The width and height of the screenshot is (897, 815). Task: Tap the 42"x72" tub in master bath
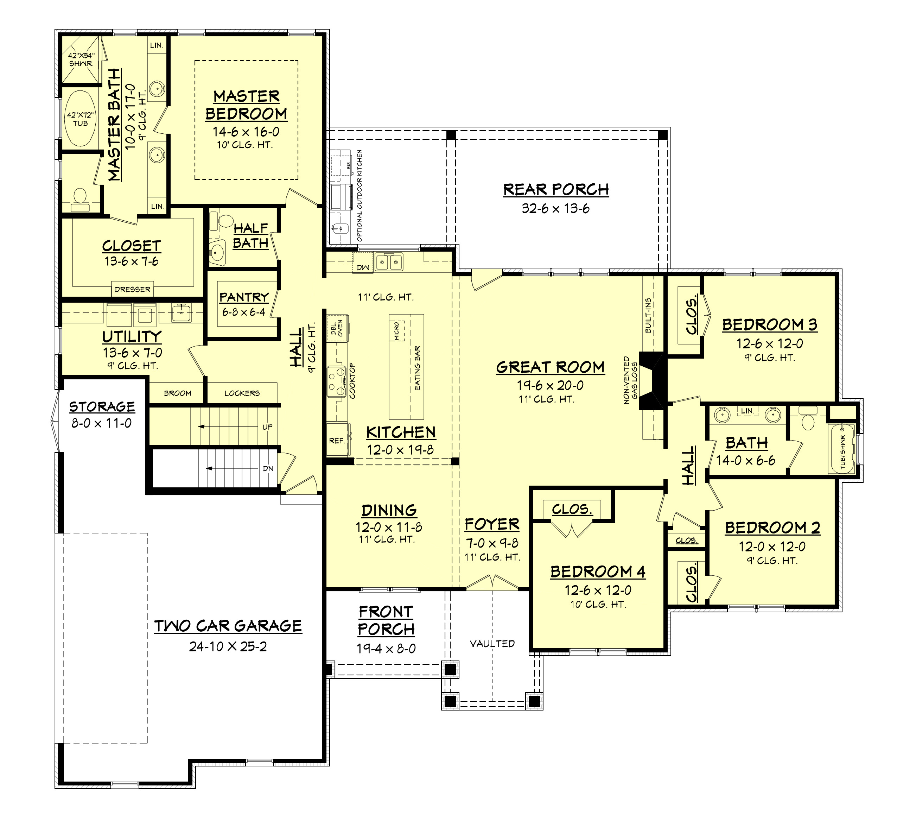pos(81,119)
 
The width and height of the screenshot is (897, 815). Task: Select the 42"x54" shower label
pos(81,59)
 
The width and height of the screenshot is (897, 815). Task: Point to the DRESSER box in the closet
pos(132,289)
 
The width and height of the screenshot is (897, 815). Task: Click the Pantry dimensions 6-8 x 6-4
pos(244,312)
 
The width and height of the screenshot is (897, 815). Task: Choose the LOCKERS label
pos(242,393)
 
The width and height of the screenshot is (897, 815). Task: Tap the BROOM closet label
pos(178,393)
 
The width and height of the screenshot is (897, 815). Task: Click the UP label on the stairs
pos(267,427)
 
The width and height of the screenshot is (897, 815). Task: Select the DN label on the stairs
pos(268,469)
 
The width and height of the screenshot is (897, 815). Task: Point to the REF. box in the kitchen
pos(337,441)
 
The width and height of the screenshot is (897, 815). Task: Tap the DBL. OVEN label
pos(337,328)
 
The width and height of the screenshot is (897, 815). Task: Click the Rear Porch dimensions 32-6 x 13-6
pos(555,208)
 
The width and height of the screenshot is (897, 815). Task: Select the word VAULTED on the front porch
pos(492,644)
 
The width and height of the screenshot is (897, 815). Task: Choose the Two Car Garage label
pos(228,626)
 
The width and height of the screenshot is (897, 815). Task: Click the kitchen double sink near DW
pos(389,262)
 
